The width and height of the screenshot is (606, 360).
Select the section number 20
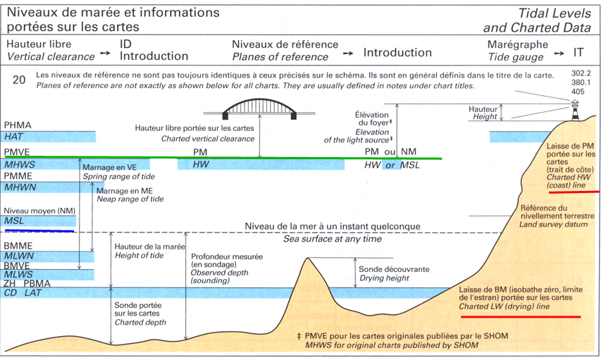pos(19,80)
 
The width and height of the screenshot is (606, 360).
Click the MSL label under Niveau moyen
pos(14,221)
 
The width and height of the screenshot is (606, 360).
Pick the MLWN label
pos(19,257)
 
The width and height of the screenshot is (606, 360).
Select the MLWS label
pos(19,274)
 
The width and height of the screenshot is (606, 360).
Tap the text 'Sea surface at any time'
pos(333,240)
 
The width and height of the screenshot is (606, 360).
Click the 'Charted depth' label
pos(141,322)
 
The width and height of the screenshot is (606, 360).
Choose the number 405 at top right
pos(579,91)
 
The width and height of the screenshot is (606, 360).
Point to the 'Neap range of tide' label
pos(130,199)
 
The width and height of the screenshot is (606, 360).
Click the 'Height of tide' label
pos(139,255)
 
